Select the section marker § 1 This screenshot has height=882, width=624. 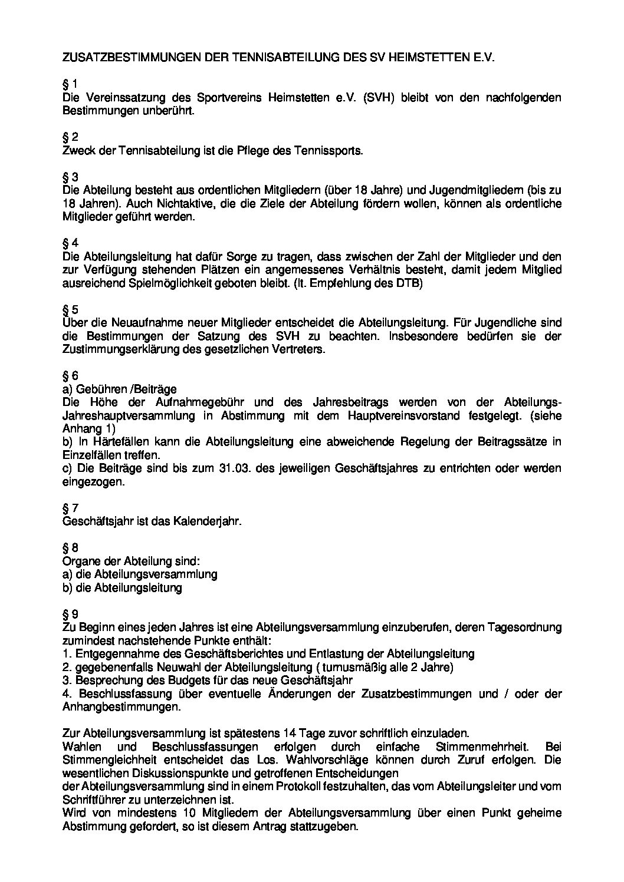[70, 84]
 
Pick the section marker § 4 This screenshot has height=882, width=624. [70, 243]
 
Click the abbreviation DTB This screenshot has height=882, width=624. [409, 283]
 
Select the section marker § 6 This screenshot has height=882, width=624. [70, 376]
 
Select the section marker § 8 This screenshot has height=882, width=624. [70, 548]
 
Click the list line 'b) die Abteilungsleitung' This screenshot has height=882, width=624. [122, 588]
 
